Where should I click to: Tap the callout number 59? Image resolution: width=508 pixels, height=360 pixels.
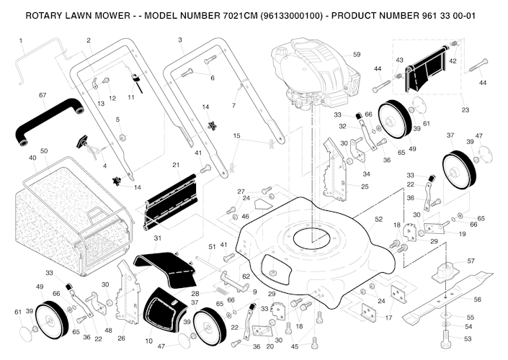pos(357,55)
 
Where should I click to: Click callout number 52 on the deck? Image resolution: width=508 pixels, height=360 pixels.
pos(378,218)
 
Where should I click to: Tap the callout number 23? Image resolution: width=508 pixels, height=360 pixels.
pos(465,110)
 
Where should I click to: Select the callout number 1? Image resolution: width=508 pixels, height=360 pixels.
pos(20,40)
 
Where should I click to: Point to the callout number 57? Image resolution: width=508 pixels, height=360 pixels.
pos(471,261)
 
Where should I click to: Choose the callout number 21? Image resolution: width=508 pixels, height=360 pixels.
pos(176,166)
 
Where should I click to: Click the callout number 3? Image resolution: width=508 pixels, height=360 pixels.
pos(179,40)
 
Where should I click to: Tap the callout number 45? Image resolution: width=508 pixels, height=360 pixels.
pos(295,347)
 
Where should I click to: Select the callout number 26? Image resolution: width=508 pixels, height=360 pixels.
pos(122,338)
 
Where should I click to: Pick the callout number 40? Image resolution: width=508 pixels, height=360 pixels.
pos(32,158)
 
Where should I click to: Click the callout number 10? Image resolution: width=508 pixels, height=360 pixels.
pos(148,341)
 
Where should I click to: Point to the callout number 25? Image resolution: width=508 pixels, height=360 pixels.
pos(365,187)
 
